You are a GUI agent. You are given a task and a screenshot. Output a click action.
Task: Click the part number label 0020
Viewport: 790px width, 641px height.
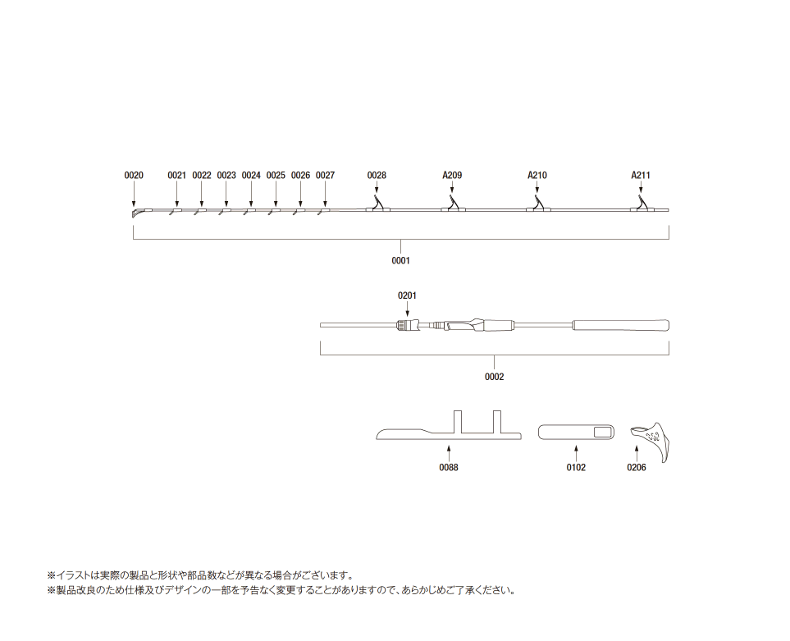134,176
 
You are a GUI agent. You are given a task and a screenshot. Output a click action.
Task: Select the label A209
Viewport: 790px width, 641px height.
452,176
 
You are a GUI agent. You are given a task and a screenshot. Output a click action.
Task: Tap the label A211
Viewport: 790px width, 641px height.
641,176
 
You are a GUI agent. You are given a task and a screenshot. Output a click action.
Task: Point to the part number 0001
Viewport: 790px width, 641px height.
400,260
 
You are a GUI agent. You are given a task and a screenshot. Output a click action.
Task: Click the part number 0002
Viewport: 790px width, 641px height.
494,377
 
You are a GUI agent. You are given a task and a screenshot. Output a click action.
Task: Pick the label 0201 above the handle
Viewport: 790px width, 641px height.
407,295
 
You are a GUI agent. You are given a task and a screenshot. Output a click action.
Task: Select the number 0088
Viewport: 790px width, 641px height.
449,467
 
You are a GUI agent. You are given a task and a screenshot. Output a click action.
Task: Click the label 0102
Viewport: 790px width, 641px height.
576,467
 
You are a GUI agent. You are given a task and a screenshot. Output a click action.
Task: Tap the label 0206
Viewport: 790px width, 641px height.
637,467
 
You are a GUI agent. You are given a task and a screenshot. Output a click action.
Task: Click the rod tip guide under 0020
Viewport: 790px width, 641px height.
136,213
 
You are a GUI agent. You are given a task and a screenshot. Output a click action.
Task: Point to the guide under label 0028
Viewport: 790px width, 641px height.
377,204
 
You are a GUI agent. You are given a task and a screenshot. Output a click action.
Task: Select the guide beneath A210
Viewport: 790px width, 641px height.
538,204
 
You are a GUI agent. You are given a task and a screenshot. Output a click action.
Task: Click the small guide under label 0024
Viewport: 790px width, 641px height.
249,211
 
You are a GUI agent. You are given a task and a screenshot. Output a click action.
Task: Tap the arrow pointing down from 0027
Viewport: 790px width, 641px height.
325,193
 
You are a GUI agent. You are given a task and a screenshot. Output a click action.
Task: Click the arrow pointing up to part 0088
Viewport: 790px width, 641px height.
449,452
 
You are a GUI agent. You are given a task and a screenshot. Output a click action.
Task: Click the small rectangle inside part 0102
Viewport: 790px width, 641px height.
601,432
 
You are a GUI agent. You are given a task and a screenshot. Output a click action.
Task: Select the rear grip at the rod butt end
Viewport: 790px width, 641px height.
621,325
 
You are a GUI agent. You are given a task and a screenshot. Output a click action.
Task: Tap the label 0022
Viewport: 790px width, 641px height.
202,176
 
